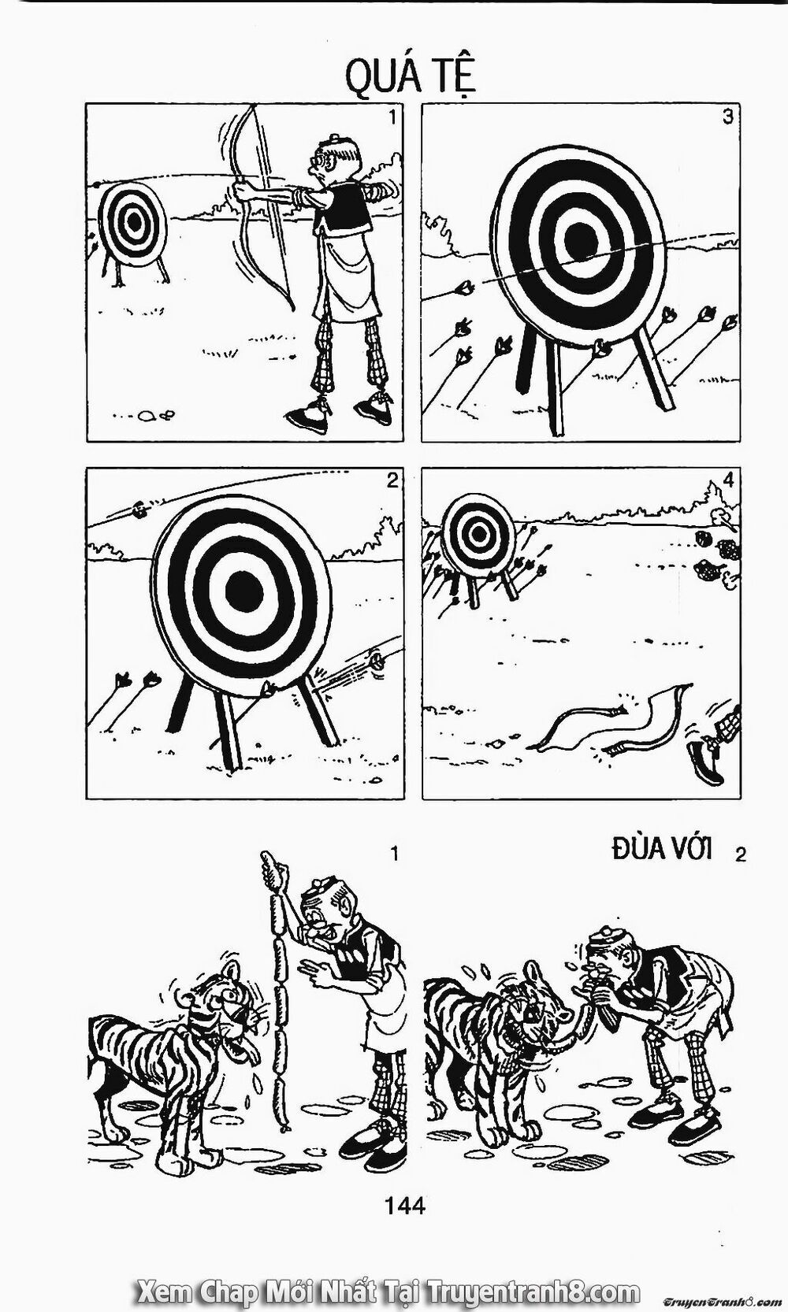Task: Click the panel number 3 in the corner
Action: click(727, 117)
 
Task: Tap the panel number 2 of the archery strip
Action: click(392, 480)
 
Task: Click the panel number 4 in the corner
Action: click(727, 480)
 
